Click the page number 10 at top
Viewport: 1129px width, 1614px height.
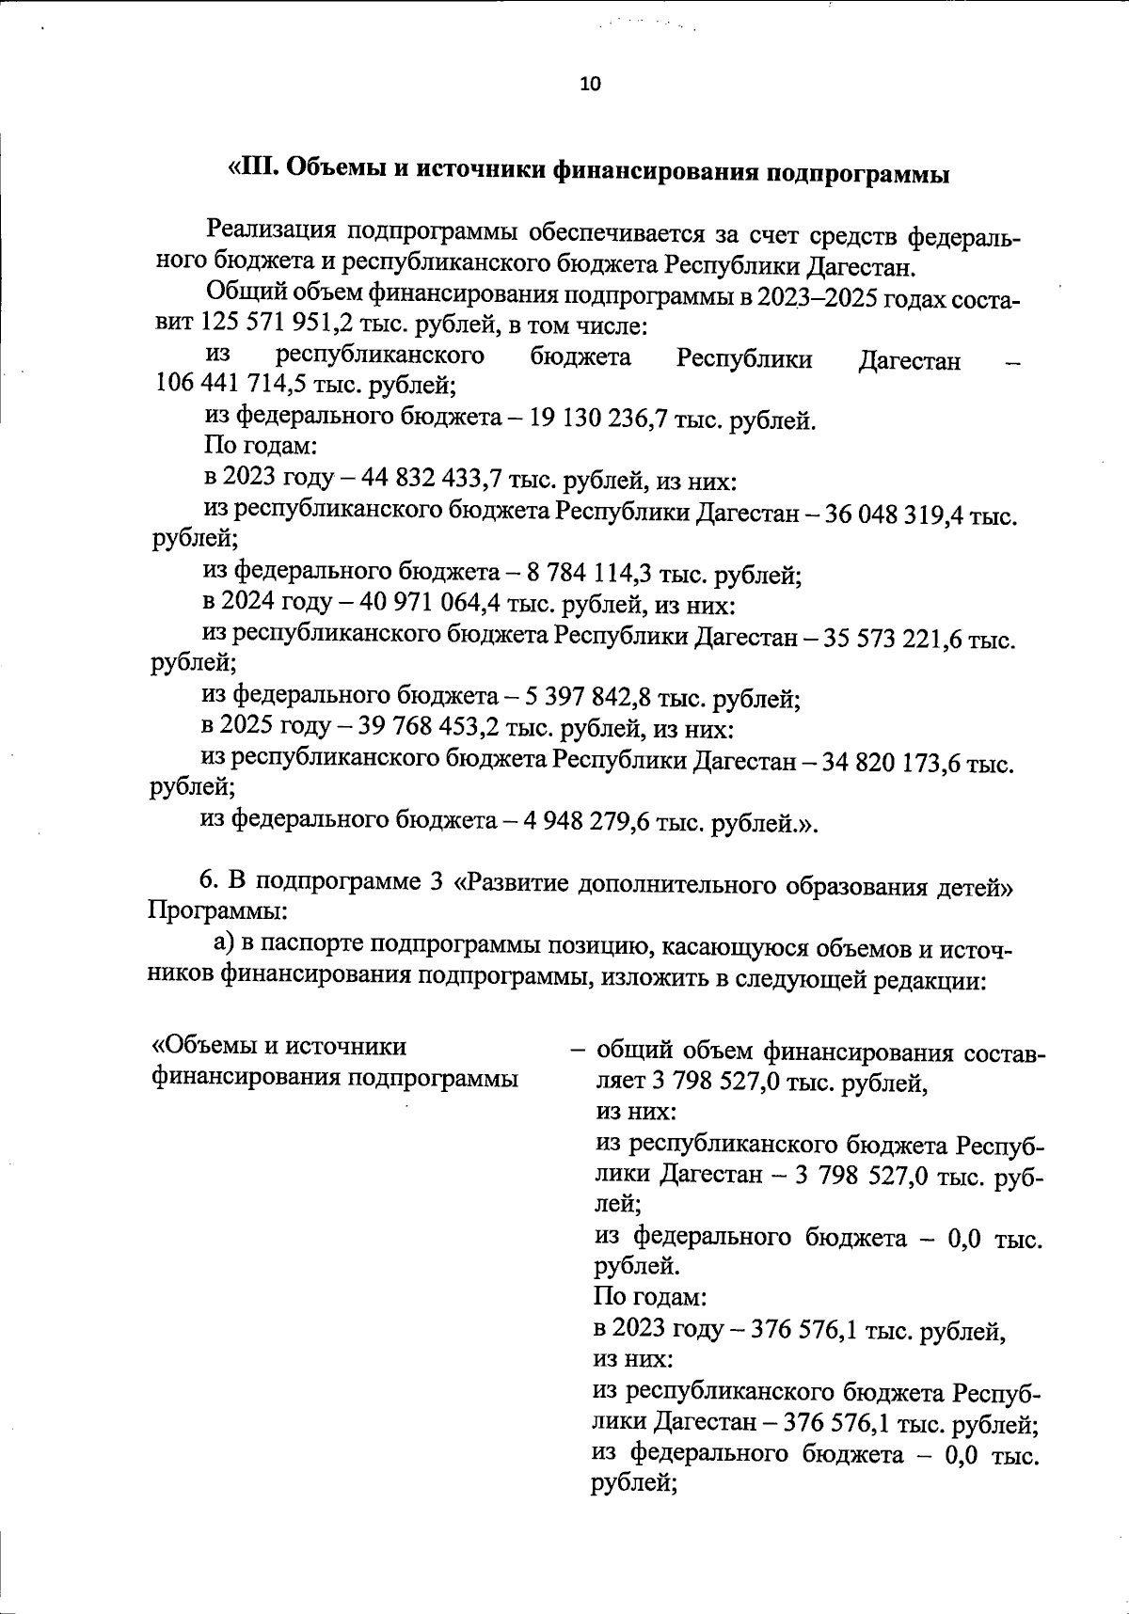tap(590, 84)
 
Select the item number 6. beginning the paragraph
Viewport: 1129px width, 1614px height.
tap(209, 880)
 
